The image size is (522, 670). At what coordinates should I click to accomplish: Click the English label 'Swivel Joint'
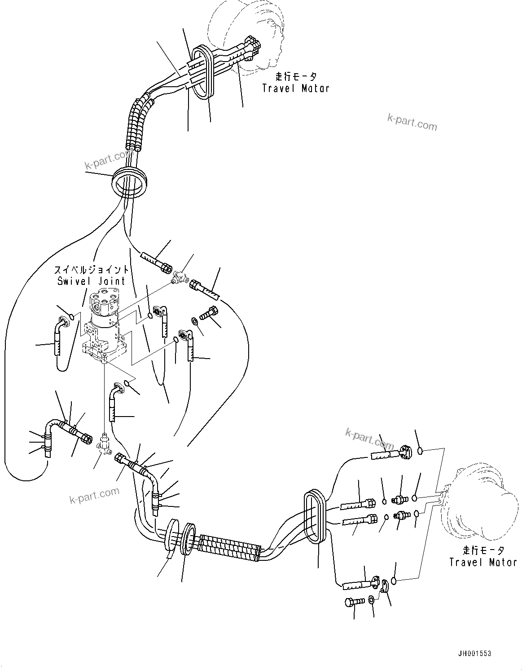tap(92, 281)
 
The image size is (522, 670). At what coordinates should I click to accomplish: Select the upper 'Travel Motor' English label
tap(295, 88)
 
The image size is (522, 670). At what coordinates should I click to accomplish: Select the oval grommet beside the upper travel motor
tap(205, 72)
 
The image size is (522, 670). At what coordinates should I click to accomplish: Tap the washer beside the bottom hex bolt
tap(371, 599)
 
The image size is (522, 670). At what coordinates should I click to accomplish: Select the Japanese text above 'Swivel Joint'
tap(92, 270)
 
